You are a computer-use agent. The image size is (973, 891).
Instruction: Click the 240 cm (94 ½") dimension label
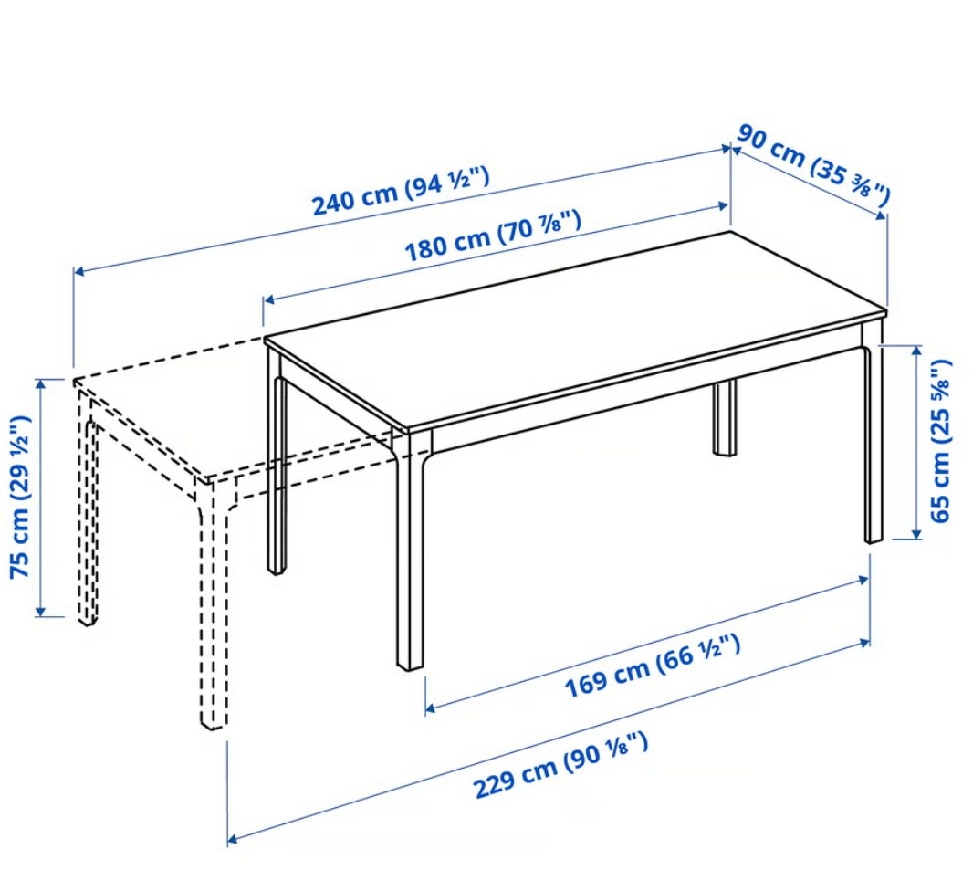[x=401, y=191]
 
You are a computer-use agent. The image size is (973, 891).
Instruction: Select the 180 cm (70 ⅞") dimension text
[x=493, y=236]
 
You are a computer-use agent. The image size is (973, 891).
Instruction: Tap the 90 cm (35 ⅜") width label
[x=814, y=165]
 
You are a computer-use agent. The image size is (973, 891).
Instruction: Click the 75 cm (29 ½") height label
[x=20, y=497]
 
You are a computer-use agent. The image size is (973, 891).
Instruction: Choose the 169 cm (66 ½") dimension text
[x=653, y=666]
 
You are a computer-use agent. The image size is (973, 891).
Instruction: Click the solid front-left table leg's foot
[x=410, y=664]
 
